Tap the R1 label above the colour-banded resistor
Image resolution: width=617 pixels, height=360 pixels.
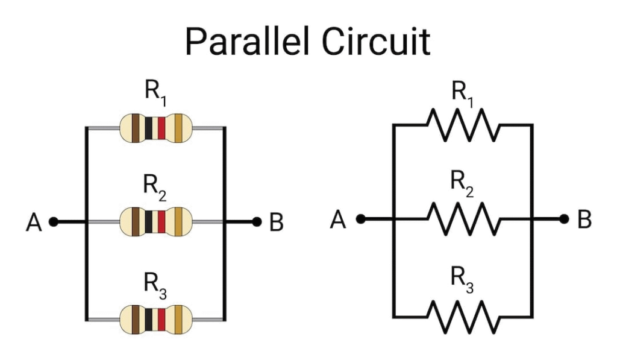coord(155,92)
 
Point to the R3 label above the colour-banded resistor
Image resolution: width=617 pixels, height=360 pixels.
coord(155,282)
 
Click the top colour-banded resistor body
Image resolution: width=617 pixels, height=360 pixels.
coord(155,127)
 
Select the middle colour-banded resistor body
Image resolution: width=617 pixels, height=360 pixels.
coord(155,222)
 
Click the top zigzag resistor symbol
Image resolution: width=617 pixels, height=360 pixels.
coord(463,125)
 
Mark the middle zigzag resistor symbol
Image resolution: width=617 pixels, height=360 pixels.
coord(463,219)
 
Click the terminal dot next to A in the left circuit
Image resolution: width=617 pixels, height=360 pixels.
coord(53,222)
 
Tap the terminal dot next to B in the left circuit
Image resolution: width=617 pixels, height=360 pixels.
coord(257,222)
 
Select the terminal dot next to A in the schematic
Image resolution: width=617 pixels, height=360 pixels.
coord(360,219)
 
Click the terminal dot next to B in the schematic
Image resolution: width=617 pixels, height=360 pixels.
coord(564,219)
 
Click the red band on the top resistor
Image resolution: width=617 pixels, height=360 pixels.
coord(161,127)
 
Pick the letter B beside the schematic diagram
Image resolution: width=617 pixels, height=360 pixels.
coord(584,220)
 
